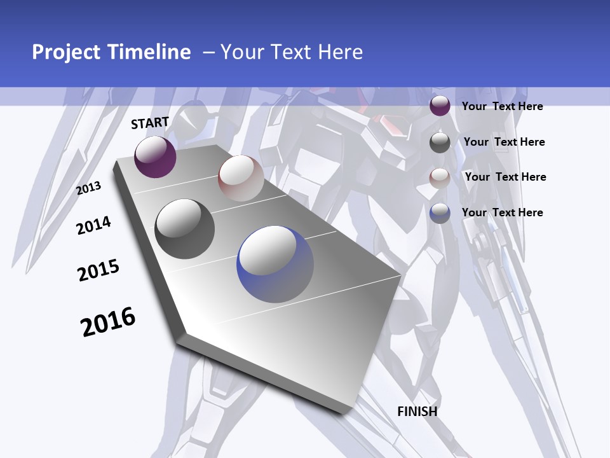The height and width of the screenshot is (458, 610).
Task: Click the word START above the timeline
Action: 150,123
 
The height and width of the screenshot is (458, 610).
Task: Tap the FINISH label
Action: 417,412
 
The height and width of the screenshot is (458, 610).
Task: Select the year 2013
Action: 89,188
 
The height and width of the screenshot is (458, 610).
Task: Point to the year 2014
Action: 93,225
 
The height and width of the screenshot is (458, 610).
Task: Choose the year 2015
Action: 98,270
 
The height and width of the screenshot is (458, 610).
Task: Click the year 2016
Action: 108,321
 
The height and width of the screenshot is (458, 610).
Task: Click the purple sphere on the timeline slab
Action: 155,157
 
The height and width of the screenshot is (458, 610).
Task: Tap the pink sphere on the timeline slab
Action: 241,178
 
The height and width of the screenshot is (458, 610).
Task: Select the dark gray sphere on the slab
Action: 185,229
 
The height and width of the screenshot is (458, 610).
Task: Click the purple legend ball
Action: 440,106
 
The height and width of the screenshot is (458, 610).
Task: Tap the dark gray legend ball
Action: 440,142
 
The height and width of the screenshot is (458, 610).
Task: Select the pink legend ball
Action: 440,178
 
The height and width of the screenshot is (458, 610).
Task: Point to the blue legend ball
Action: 440,213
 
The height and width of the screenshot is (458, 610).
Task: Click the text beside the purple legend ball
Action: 502,106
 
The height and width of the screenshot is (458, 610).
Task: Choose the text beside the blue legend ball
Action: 502,212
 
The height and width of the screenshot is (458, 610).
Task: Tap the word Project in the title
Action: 65,52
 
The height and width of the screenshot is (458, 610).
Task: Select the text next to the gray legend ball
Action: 504,142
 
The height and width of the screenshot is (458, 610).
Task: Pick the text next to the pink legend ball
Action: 505,177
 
